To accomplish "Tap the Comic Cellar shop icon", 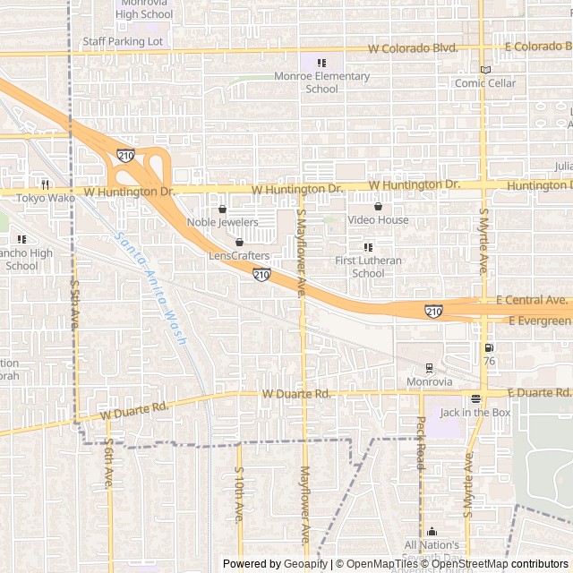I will (x=485, y=70).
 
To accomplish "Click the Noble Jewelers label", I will (x=222, y=222).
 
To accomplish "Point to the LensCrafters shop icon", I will (x=239, y=243).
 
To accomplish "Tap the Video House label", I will (x=378, y=220).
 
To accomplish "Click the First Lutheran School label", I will (x=368, y=267).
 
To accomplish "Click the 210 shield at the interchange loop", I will (x=125, y=156).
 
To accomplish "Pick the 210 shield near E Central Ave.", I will (x=433, y=311).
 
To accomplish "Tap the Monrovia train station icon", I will (x=430, y=368).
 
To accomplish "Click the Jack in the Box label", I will (x=475, y=413).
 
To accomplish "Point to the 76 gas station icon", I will (x=488, y=348).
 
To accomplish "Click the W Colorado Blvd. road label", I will (x=414, y=48).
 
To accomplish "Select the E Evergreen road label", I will (x=539, y=321).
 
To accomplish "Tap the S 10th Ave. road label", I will (x=239, y=493).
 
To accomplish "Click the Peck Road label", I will (x=421, y=443).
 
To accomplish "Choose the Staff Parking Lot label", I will (x=123, y=41).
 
